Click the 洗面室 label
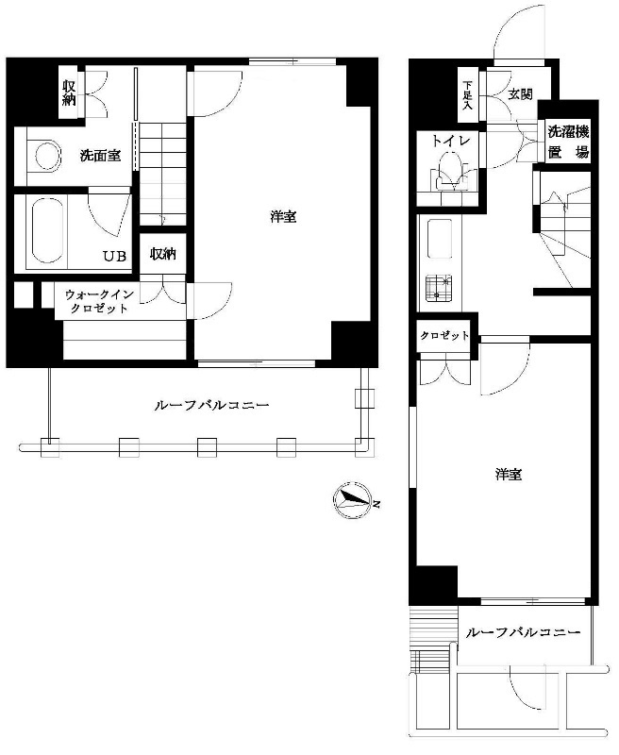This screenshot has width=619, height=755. pos(100,156)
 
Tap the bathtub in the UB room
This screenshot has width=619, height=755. pos(48,231)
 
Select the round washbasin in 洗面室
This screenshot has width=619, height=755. pos(47,155)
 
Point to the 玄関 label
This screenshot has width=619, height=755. pos(521,93)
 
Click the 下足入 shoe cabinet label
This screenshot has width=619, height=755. pos(467,95)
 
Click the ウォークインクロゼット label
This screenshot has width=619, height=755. pos(99,301)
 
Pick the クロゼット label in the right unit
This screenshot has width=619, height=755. pos(444,336)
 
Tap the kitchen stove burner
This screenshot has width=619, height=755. pos(439,288)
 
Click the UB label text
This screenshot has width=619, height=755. pos(115,256)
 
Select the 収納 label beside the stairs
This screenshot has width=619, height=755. pos(162,254)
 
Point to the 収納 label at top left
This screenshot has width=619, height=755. pos(69,93)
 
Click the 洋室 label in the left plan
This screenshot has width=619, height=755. pos(283,217)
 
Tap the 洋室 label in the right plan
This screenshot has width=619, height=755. pos(509,475)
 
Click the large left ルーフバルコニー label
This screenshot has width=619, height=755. pos(211,405)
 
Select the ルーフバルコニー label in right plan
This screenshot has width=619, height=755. pos(523,631)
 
